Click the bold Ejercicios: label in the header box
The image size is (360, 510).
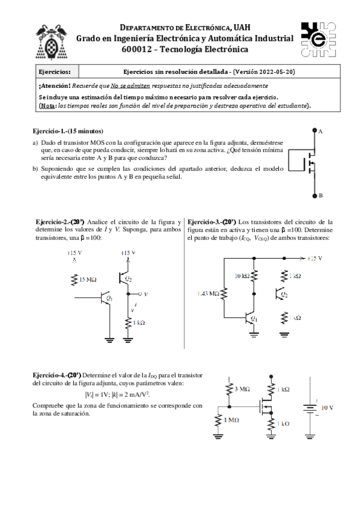(x=54, y=72)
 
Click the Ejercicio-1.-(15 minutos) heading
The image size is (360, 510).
(x=68, y=131)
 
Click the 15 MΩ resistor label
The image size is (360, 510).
(x=90, y=279)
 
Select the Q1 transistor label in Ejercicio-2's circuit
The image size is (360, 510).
(x=109, y=298)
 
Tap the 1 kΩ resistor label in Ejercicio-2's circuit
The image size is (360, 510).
(x=139, y=324)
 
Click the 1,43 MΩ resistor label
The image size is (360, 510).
(x=208, y=293)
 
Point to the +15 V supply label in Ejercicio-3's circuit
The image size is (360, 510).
(x=314, y=258)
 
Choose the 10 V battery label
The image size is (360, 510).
(x=328, y=407)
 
